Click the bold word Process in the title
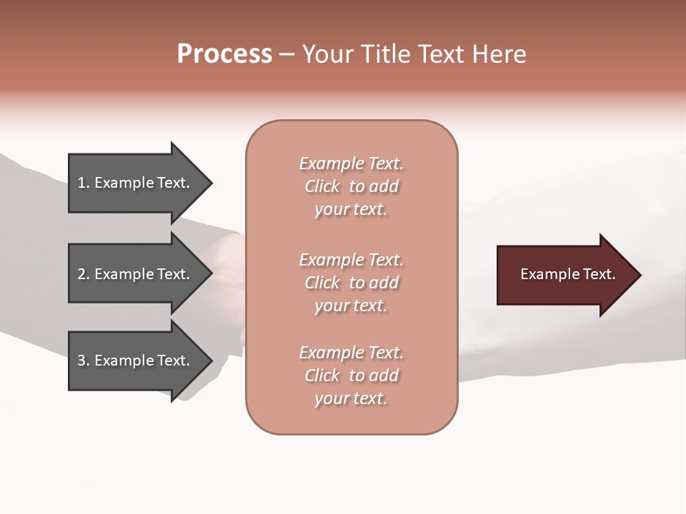tap(224, 54)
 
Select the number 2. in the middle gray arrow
tap(84, 274)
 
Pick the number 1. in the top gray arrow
tap(84, 183)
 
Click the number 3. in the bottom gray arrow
tap(84, 361)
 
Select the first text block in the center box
tap(351, 186)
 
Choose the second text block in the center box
tap(351, 283)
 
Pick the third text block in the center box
tap(351, 376)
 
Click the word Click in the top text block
tap(322, 186)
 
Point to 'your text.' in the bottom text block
tap(351, 399)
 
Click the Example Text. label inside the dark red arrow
tap(567, 274)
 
